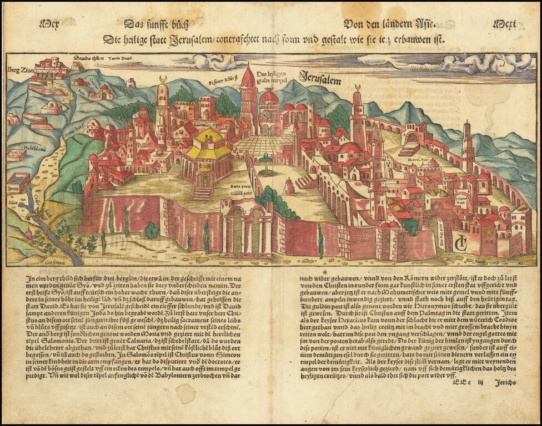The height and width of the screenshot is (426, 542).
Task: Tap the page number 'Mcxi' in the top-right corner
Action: tap(505, 24)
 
